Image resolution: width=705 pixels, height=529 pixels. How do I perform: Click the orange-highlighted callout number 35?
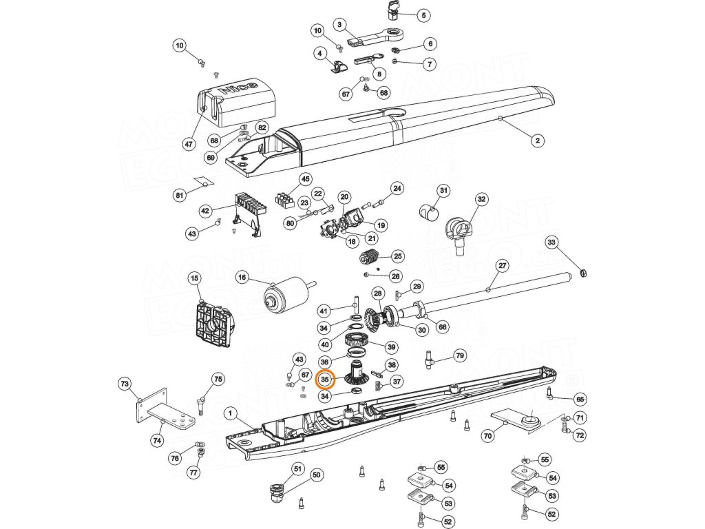325,380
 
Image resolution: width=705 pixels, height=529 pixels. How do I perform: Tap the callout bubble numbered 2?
538,141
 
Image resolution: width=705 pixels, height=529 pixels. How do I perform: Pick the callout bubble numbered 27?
502,266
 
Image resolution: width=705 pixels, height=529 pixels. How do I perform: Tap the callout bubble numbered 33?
551,242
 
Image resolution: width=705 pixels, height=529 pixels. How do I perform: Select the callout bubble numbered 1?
231,413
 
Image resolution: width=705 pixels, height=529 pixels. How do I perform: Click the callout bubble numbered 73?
125,383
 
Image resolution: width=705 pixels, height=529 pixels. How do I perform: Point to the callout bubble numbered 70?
488,435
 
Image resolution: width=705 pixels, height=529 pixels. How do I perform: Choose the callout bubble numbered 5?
423,15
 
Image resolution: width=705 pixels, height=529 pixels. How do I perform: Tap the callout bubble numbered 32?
481,200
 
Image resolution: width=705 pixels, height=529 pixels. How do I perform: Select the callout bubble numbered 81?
180,196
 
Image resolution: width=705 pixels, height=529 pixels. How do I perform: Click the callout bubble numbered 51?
297,469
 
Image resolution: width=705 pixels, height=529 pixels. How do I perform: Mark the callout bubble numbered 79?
460,356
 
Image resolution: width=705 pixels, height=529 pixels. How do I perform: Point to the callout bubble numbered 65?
580,399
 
